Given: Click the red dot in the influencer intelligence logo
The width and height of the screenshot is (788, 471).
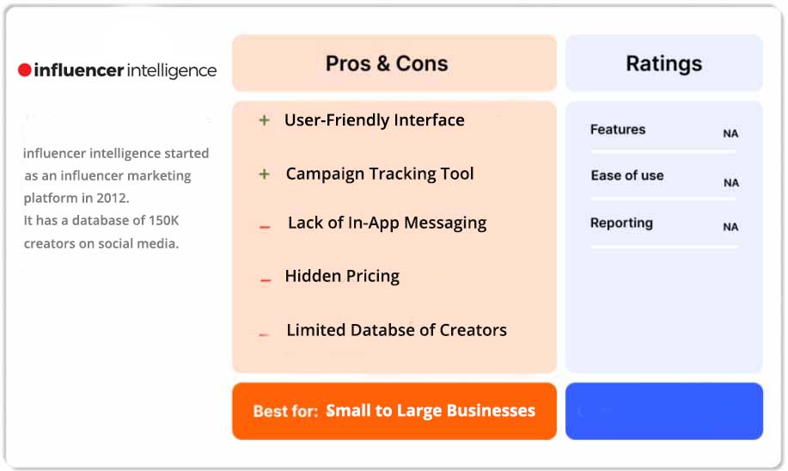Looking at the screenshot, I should click(x=25, y=70).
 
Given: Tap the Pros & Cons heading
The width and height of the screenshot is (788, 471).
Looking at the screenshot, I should click(x=387, y=64).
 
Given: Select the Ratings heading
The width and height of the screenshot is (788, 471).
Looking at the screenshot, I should click(x=663, y=64).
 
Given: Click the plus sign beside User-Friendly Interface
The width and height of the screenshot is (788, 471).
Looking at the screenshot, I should click(x=265, y=120).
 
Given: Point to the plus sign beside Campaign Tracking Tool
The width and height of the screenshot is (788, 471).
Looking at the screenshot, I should click(x=265, y=174).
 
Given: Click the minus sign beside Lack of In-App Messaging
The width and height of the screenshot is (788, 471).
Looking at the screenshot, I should click(x=265, y=226).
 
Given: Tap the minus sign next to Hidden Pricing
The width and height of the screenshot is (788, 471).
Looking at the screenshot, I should click(x=266, y=279).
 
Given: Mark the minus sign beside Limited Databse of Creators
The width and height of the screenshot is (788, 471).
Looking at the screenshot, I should click(x=265, y=333).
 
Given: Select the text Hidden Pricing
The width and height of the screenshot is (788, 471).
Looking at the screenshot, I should click(x=342, y=276).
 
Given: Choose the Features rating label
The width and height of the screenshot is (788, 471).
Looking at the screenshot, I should click(x=617, y=130).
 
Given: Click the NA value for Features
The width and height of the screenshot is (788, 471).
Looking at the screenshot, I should click(x=730, y=134).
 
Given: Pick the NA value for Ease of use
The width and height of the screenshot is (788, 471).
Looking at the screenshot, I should click(x=730, y=183).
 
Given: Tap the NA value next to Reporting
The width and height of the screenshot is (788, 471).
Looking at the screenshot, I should click(x=730, y=228).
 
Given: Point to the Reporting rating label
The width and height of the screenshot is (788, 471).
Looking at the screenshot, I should click(x=621, y=223).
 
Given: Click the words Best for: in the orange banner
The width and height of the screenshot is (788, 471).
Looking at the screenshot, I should click(x=285, y=412).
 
